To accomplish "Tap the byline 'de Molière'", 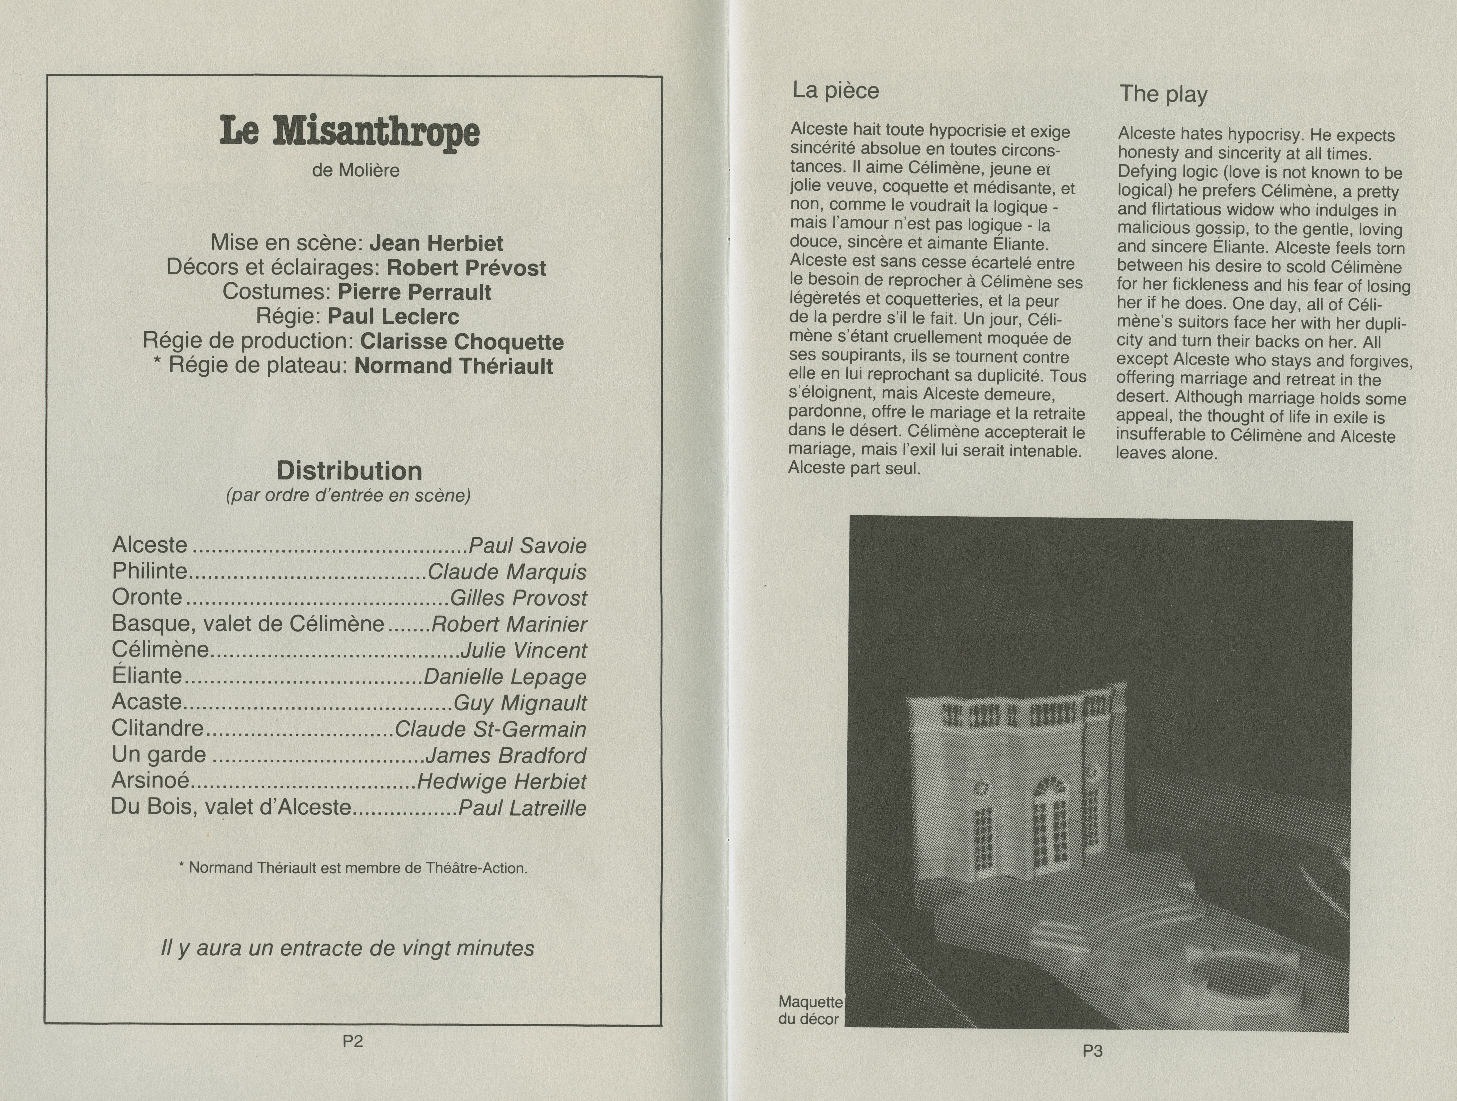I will click(x=356, y=171).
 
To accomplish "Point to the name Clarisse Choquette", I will click(x=462, y=342).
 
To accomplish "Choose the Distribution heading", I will click(x=349, y=471).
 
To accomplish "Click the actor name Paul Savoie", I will click(x=527, y=545).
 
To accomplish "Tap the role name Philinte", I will click(x=149, y=571).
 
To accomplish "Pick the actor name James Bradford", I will click(x=505, y=755).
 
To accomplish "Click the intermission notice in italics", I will click(x=347, y=948).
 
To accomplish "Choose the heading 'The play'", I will click(x=1163, y=94).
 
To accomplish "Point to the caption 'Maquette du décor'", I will click(x=809, y=1010).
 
